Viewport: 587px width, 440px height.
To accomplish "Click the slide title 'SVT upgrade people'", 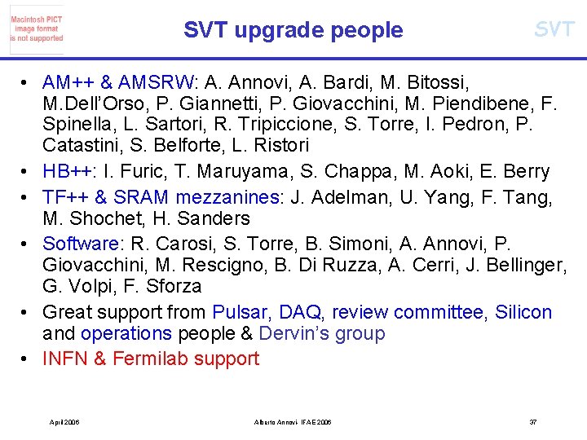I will [293, 30].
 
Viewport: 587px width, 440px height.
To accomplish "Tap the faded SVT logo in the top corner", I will [554, 29].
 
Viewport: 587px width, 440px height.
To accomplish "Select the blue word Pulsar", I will [241, 312].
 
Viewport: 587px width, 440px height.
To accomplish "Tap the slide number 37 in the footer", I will [533, 422].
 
